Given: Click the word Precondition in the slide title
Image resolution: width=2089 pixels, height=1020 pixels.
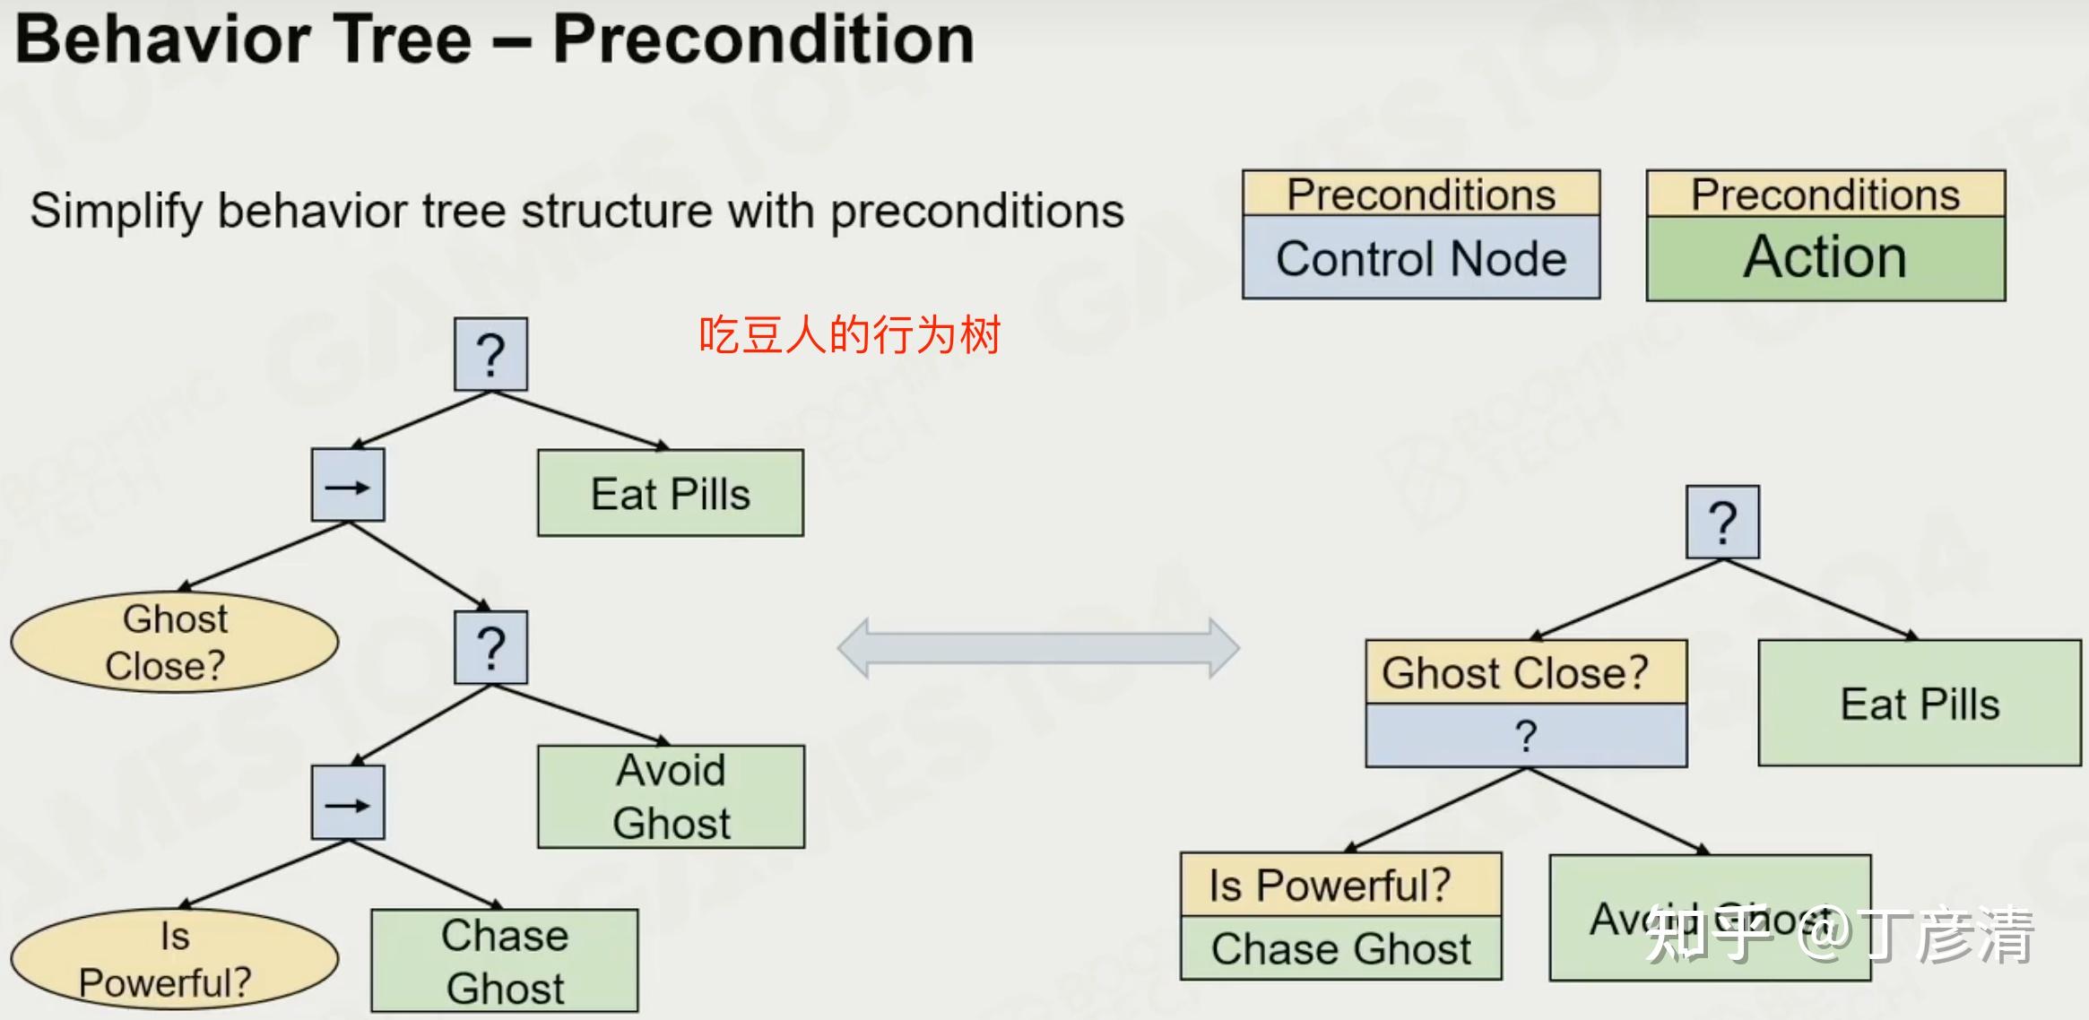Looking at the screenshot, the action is [x=763, y=39].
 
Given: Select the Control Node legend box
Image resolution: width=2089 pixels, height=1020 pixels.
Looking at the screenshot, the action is [x=1421, y=258].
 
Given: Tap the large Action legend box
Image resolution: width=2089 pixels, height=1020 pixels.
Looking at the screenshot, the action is [x=1825, y=258].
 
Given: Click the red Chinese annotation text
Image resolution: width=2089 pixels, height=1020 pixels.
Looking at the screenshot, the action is [x=849, y=335].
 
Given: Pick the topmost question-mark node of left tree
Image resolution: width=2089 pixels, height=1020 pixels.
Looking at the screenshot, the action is [x=490, y=354].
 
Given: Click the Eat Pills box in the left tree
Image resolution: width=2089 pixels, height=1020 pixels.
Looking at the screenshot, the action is [x=671, y=493].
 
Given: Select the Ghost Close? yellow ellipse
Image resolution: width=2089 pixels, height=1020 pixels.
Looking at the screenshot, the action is [x=175, y=642].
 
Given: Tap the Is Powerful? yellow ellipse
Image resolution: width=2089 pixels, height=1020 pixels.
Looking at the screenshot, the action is [x=175, y=959].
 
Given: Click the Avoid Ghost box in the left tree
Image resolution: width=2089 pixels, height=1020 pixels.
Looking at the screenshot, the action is [x=671, y=797].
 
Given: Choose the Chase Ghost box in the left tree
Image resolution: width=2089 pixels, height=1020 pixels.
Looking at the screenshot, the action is [x=505, y=961].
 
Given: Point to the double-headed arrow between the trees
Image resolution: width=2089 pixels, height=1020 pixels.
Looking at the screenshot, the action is [x=1038, y=647].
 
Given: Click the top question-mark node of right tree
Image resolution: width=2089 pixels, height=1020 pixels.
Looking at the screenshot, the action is [x=1722, y=522].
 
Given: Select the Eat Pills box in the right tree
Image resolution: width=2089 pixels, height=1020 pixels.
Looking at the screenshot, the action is [x=1920, y=703].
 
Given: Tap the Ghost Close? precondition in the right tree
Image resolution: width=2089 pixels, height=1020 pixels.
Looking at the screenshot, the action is [x=1525, y=672].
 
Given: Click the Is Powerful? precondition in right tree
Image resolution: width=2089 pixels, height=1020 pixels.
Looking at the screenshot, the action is [x=1340, y=885].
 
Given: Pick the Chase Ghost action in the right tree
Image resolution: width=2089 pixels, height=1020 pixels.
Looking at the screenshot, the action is [x=1340, y=948].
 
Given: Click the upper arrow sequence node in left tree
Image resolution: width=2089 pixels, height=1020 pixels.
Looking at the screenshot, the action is [x=348, y=485].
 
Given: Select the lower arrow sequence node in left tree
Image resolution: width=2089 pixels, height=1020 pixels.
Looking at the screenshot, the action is [x=348, y=802].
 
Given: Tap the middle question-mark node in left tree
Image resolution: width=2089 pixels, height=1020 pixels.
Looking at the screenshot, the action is [x=490, y=647].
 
